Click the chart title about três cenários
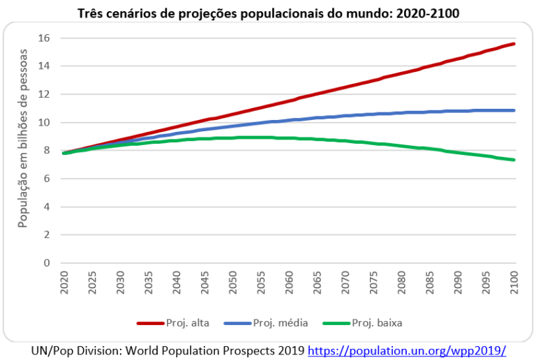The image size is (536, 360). [x=268, y=13]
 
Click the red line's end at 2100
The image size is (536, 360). [x=514, y=44]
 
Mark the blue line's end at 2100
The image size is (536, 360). [x=514, y=110]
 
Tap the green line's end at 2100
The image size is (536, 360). [x=514, y=160]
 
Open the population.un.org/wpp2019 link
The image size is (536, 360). [x=406, y=350]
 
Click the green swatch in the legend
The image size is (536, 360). [x=336, y=322]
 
